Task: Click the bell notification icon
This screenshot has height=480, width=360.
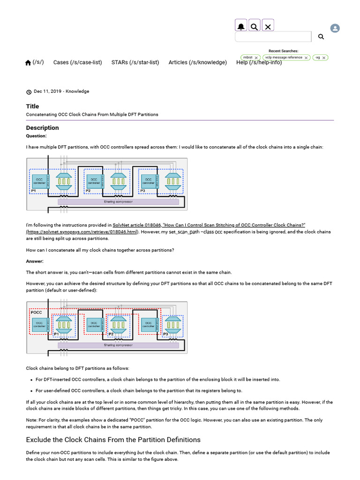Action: pyautogui.click(x=241, y=26)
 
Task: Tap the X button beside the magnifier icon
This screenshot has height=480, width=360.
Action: pyautogui.click(x=268, y=26)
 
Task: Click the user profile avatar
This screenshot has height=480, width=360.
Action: pyautogui.click(x=335, y=28)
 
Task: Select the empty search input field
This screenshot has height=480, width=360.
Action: pyautogui.click(x=273, y=37)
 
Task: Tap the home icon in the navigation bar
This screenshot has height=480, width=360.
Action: pyautogui.click(x=28, y=63)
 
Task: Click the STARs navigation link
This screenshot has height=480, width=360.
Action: pyautogui.click(x=135, y=62)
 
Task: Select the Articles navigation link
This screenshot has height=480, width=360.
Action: pyautogui.click(x=197, y=62)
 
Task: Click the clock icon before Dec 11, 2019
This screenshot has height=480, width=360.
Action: pyautogui.click(x=29, y=92)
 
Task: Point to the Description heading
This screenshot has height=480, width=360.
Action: pyautogui.click(x=42, y=127)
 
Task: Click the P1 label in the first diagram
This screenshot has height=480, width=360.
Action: pyautogui.click(x=33, y=191)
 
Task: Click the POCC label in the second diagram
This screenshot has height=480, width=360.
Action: pyautogui.click(x=36, y=312)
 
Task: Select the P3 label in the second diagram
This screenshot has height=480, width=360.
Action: pyautogui.click(x=165, y=334)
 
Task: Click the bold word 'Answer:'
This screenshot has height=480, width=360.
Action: pyautogui.click(x=34, y=261)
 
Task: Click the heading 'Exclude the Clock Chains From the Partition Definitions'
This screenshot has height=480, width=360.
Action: pyautogui.click(x=113, y=440)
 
